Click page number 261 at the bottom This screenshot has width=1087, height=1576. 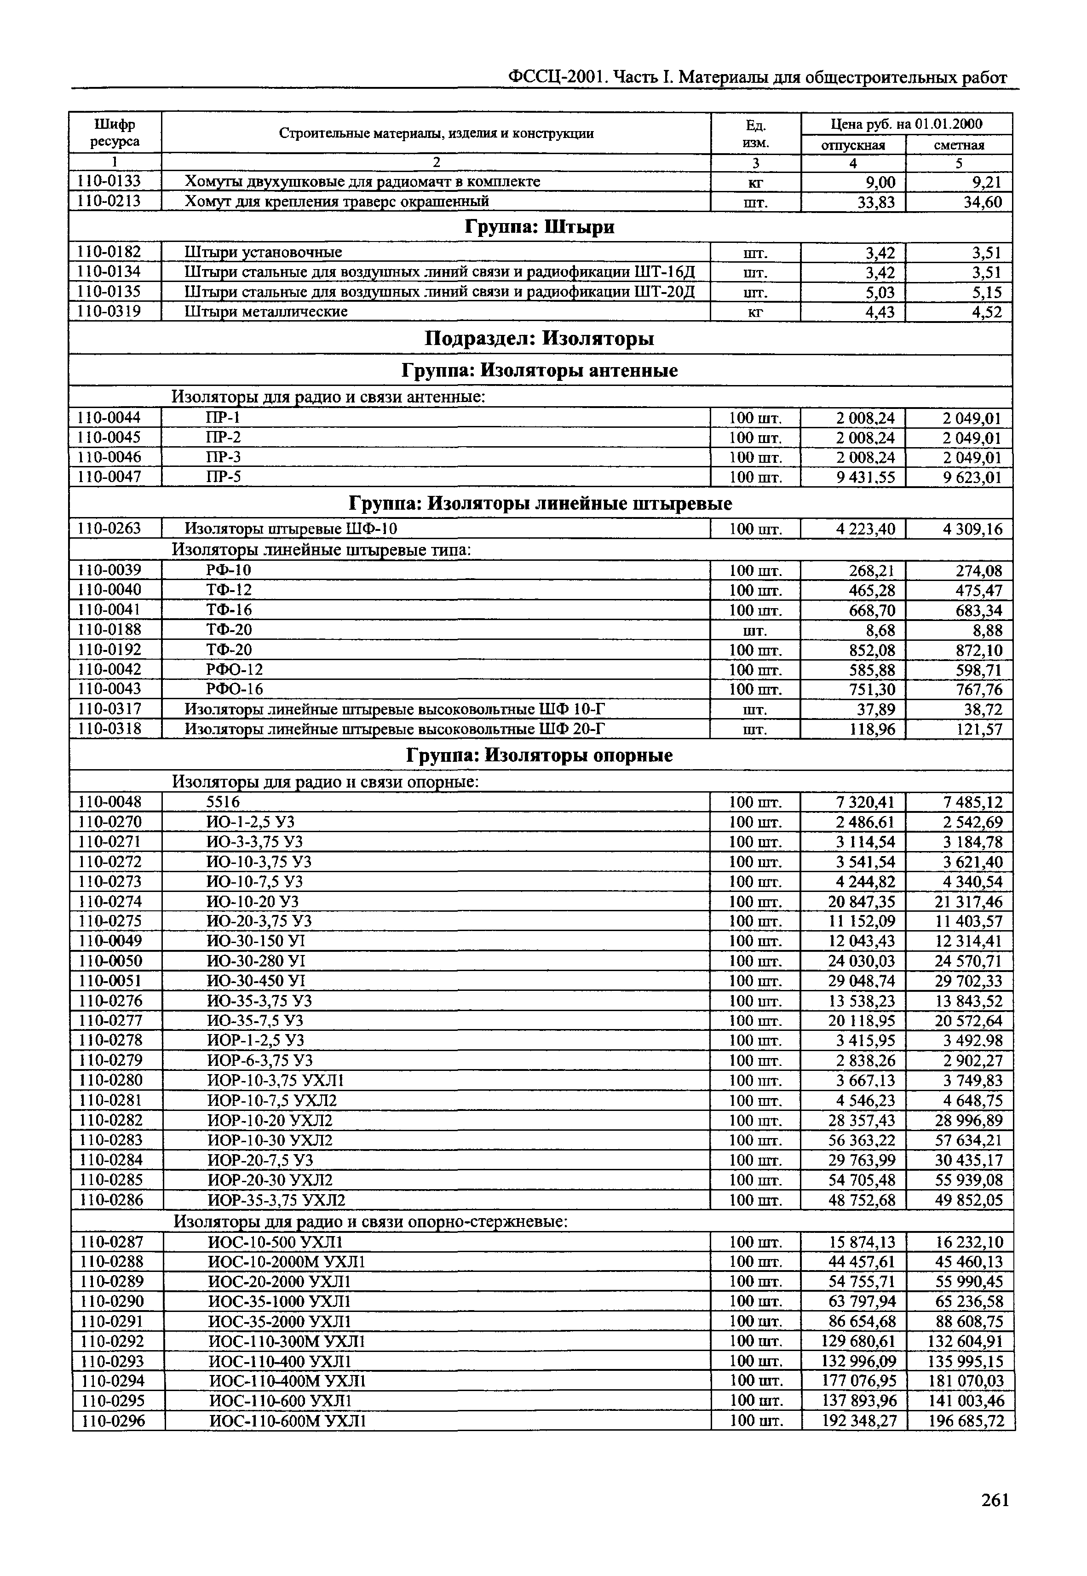[995, 1500]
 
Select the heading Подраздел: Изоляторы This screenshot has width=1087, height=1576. [540, 339]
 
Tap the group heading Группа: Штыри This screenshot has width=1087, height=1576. [540, 227]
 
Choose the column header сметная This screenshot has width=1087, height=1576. [959, 145]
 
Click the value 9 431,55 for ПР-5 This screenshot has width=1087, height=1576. [866, 477]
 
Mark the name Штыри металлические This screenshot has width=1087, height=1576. [266, 312]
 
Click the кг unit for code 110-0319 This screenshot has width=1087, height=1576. [755, 313]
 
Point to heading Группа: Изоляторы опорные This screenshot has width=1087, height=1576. [540, 755]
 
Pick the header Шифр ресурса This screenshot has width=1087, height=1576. [115, 133]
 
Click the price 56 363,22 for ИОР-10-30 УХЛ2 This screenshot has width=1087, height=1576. [862, 1140]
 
